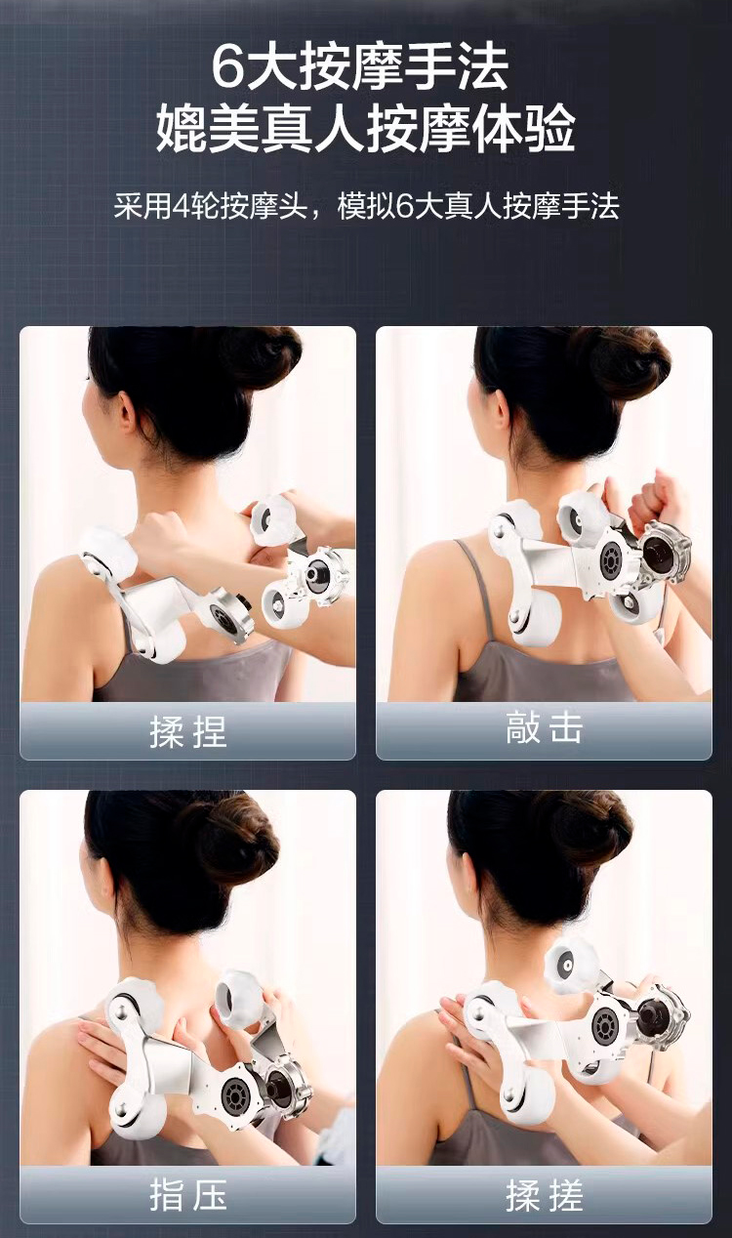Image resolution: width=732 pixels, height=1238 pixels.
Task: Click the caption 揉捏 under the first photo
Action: point(187,732)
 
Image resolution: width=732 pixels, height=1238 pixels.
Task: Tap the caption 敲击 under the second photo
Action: point(545,727)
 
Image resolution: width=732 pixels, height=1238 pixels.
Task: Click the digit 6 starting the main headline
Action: point(228,67)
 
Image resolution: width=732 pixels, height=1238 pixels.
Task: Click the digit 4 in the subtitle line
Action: point(182,207)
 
